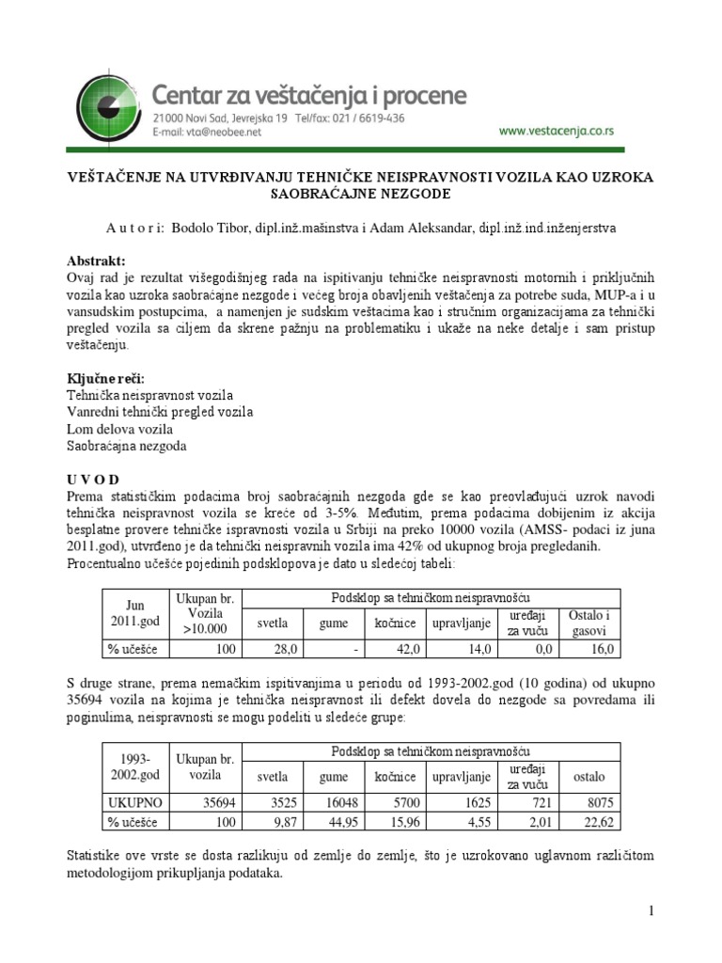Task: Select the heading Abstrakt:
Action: [x=95, y=260]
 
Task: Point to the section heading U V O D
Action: [x=93, y=480]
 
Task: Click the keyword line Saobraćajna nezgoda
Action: [x=127, y=446]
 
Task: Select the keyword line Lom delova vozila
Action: [x=119, y=429]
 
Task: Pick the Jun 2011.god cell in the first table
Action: [x=132, y=614]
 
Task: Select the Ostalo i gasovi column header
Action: [x=589, y=622]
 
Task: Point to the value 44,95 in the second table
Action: [x=336, y=822]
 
